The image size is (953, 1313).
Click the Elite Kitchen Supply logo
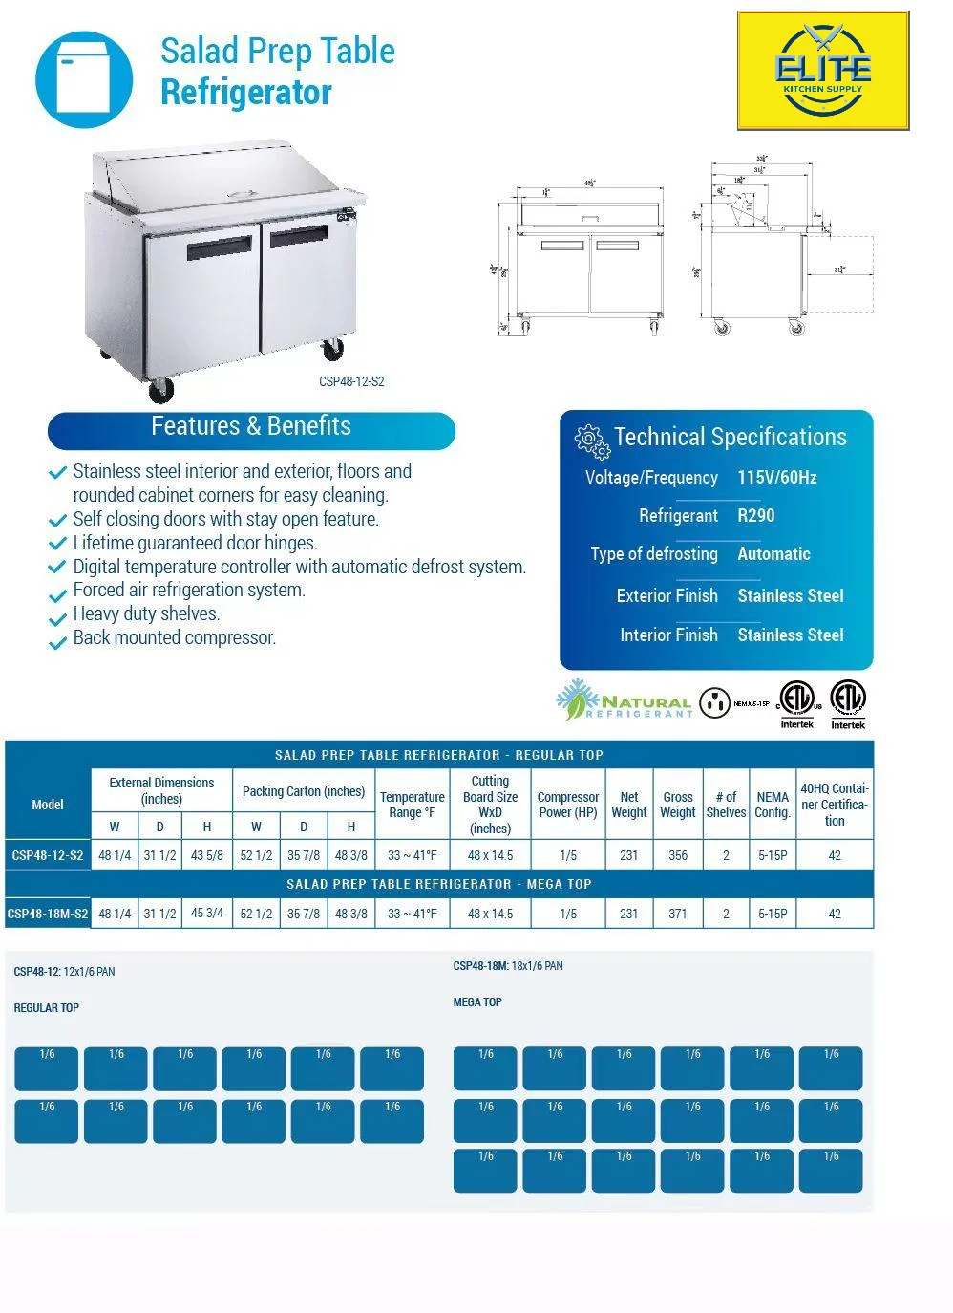pyautogui.click(x=822, y=71)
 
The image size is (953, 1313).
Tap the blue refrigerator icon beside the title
pyautogui.click(x=83, y=79)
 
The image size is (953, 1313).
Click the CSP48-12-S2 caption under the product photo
pyautogui.click(x=351, y=381)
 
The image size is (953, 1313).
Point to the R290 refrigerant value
pyautogui.click(x=755, y=515)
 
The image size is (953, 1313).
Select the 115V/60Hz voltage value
pyautogui.click(x=776, y=477)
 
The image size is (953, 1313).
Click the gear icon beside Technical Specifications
pyautogui.click(x=591, y=440)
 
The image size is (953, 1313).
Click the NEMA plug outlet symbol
pyautogui.click(x=714, y=703)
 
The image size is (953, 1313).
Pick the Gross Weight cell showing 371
pyautogui.click(x=677, y=914)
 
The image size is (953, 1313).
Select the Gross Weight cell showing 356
pyautogui.click(x=677, y=855)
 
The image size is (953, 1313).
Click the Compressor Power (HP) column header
pyautogui.click(x=567, y=805)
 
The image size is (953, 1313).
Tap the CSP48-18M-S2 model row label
pyautogui.click(x=48, y=914)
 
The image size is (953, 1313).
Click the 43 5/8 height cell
pyautogui.click(x=206, y=855)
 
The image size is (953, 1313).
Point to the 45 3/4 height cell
pyautogui.click(x=206, y=914)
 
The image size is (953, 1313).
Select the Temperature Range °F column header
pyautogui.click(x=412, y=805)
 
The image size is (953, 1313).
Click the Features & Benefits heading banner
pyautogui.click(x=251, y=427)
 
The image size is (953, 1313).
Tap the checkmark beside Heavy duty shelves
pyautogui.click(x=57, y=616)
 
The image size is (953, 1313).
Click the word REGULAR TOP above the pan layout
pyautogui.click(x=47, y=1007)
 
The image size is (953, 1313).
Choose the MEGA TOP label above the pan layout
pyautogui.click(x=477, y=1001)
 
